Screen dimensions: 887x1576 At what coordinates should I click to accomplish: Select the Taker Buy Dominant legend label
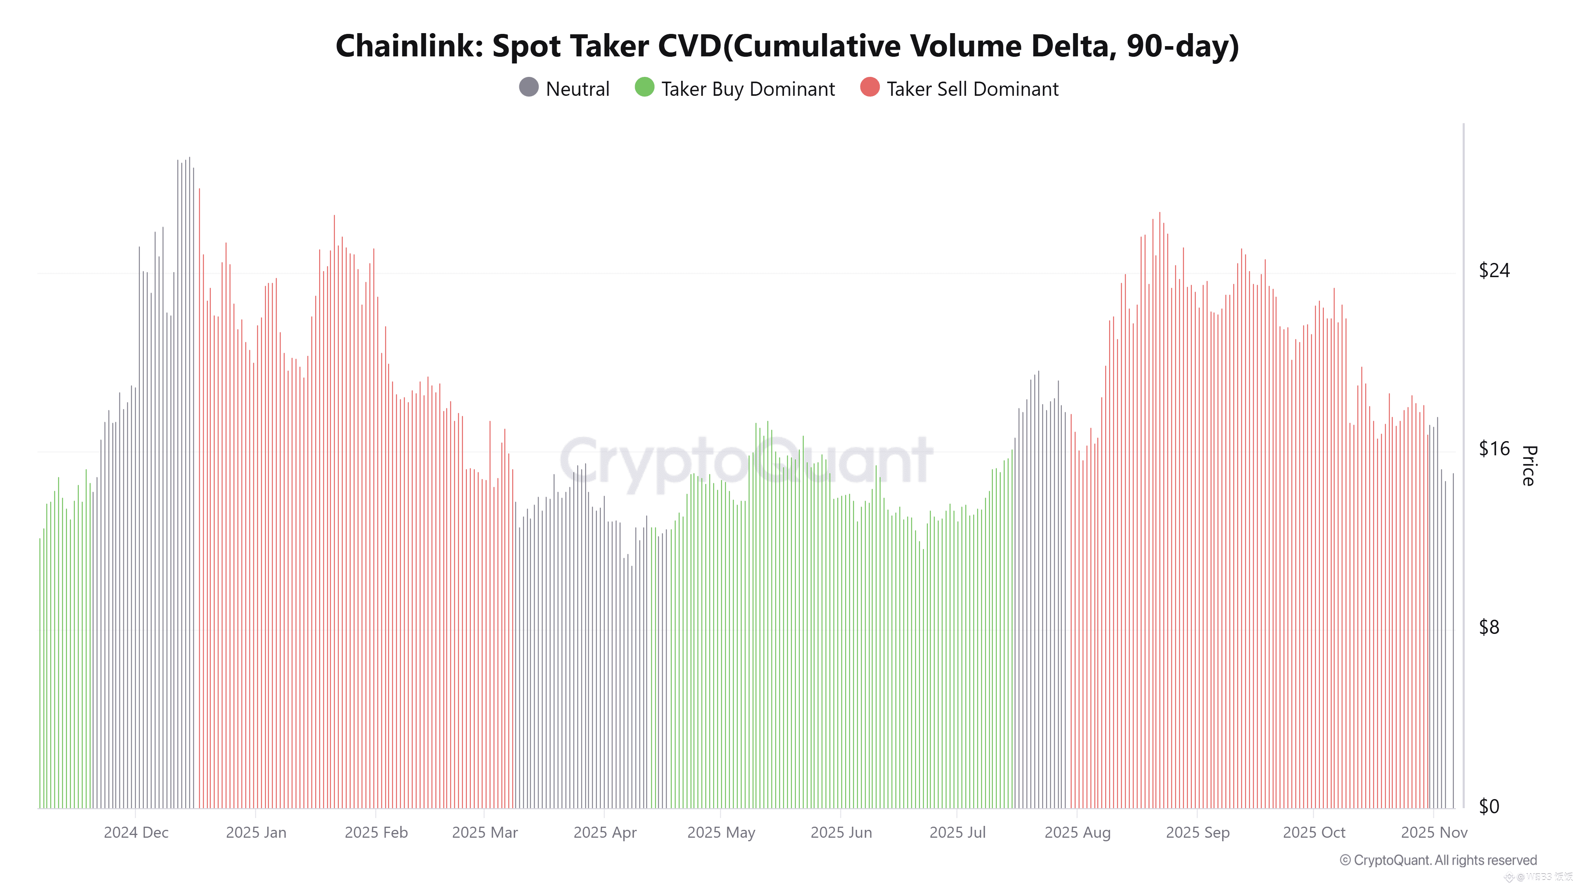point(748,89)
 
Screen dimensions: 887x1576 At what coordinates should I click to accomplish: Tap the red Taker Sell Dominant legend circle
point(870,88)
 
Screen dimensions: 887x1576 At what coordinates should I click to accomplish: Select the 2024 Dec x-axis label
point(136,833)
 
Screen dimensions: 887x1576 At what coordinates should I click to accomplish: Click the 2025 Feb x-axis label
point(375,833)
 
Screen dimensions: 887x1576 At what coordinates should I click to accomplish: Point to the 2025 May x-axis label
point(721,833)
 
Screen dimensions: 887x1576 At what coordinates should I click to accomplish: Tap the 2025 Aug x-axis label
point(1077,833)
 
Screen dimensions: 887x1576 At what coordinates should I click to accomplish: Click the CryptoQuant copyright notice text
point(1438,860)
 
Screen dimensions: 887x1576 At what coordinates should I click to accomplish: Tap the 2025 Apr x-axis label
point(604,833)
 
